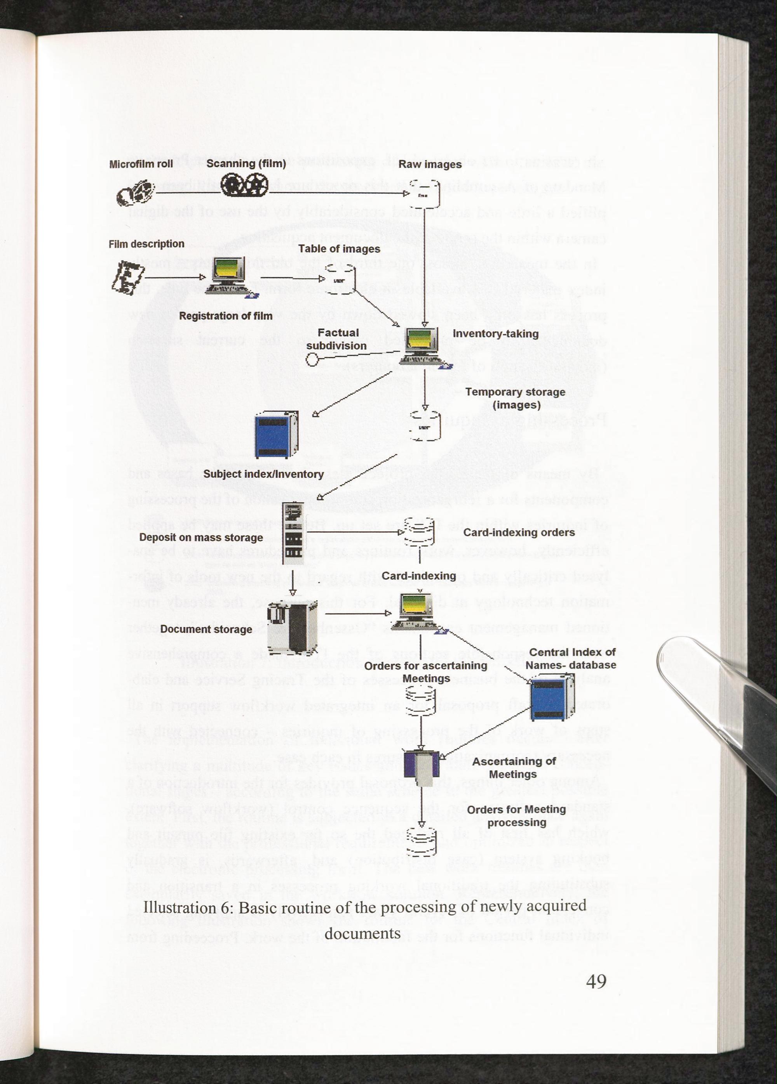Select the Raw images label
(x=430, y=165)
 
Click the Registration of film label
(x=225, y=316)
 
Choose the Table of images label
(x=339, y=249)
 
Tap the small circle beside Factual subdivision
(x=312, y=359)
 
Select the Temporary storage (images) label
(x=515, y=398)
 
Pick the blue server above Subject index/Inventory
(x=276, y=435)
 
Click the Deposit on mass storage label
(x=201, y=537)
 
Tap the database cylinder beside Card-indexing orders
(x=419, y=532)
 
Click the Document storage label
(x=206, y=629)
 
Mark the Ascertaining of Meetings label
(x=514, y=768)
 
